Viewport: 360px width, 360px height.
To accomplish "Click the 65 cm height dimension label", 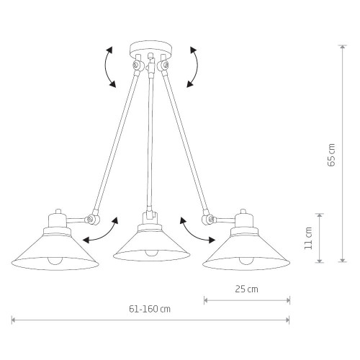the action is [x=331, y=155].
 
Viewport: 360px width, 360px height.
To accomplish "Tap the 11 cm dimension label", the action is [x=308, y=238].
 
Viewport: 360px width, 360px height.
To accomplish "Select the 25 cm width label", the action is [x=246, y=289].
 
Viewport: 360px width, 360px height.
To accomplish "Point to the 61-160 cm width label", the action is [x=150, y=309].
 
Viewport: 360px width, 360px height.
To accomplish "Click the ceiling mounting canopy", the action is [x=150, y=49].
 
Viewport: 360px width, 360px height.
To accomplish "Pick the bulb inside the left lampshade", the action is [x=55, y=261].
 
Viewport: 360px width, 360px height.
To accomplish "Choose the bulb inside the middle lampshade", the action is [x=152, y=253].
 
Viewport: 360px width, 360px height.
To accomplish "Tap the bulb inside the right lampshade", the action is [x=246, y=261].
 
